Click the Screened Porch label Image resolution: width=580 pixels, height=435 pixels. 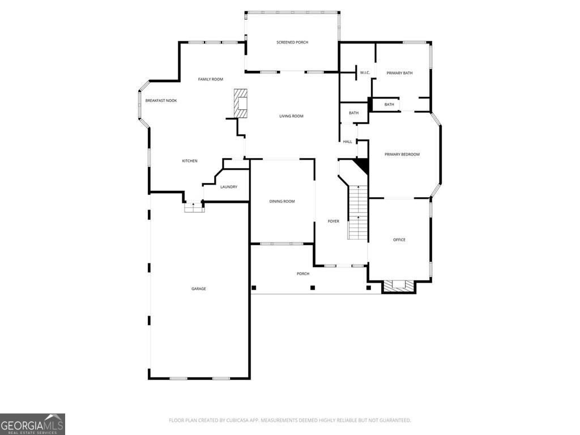[x=292, y=42]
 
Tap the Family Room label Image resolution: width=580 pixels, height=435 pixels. [x=211, y=79]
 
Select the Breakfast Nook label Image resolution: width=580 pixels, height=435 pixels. [x=161, y=101]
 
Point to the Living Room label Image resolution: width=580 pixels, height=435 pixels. [x=291, y=116]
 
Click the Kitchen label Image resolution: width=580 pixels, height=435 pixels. [x=190, y=161]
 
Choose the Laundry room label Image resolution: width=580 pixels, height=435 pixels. [x=229, y=187]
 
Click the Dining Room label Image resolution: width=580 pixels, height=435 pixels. [x=282, y=201]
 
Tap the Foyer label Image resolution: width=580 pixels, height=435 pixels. [x=333, y=221]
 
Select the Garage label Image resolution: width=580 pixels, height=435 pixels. [x=199, y=288]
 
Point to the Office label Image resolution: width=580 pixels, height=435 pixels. [x=399, y=240]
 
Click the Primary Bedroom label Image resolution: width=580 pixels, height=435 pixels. [x=402, y=154]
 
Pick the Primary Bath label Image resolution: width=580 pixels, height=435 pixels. [x=399, y=73]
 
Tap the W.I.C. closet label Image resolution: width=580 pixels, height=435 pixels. [x=365, y=72]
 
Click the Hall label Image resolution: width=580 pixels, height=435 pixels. [x=347, y=142]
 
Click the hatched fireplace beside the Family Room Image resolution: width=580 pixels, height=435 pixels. [x=240, y=104]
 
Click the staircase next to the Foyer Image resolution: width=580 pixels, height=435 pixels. [x=358, y=212]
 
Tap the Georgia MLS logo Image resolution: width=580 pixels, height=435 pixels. [x=32, y=424]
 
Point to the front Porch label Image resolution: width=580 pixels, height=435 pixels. [x=303, y=274]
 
